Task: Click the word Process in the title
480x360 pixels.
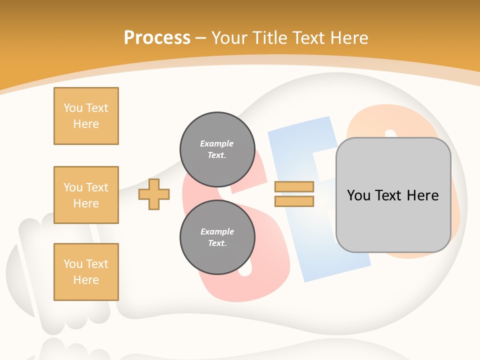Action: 157,38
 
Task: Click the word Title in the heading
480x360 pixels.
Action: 270,38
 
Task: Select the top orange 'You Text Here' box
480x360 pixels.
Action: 86,116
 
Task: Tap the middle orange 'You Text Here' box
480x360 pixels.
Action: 86,195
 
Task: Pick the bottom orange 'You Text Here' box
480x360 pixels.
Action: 86,272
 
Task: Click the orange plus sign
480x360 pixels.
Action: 154,194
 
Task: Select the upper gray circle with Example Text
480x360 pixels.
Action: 217,149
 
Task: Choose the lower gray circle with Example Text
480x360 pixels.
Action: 217,237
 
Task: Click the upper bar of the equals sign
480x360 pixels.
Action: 294,186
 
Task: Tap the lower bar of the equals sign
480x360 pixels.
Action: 294,201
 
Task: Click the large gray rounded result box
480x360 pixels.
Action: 393,220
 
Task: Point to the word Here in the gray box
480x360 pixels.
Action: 422,195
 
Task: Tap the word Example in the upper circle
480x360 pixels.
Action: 217,143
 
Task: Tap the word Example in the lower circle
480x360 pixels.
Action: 217,231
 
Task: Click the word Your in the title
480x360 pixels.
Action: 229,38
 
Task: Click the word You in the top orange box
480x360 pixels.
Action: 73,108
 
